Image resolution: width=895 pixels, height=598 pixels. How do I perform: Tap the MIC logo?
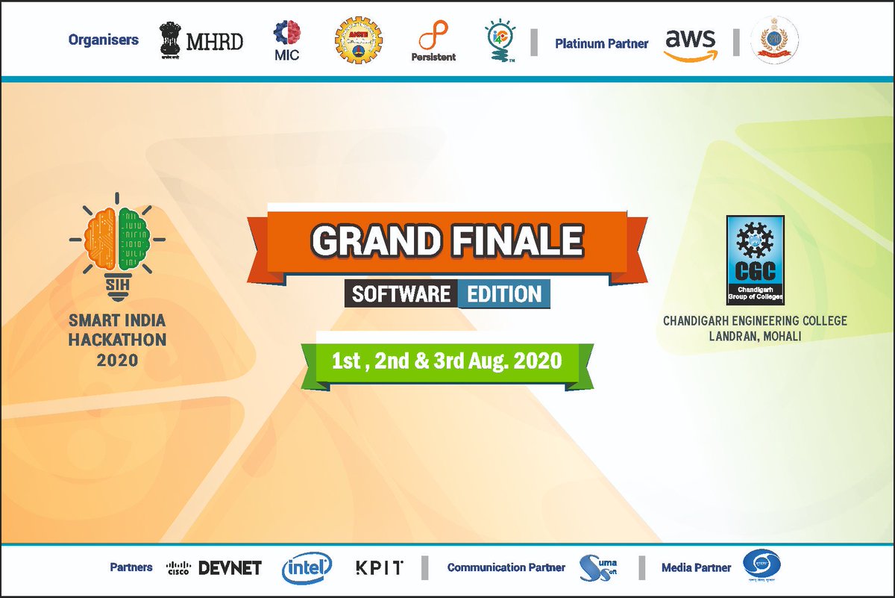286,41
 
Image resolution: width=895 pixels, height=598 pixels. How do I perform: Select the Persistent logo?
433,42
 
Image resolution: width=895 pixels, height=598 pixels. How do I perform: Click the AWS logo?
691,43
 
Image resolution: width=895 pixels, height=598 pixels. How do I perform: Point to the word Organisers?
103,40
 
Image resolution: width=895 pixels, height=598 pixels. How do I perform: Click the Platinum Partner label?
601,43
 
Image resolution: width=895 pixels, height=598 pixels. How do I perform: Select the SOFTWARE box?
401,294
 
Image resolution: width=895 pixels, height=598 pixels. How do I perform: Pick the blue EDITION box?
504,294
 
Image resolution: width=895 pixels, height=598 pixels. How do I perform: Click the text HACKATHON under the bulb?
118,340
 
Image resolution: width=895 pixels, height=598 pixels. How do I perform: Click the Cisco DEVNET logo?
213,568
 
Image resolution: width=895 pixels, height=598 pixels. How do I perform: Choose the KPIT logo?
379,568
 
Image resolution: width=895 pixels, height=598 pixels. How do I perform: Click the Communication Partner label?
506,568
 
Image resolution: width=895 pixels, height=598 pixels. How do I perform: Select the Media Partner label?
696,568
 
